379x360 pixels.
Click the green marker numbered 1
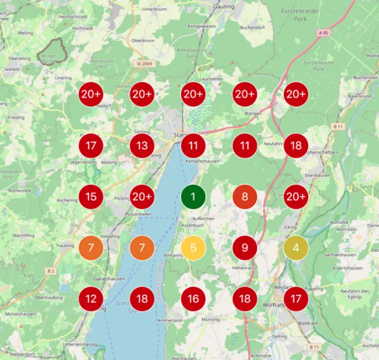193,197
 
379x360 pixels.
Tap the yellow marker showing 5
193,248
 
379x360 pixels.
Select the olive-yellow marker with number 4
296,248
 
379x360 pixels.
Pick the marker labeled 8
244,197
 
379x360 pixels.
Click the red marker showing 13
142,145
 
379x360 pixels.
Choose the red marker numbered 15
90,197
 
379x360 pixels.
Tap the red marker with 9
244,248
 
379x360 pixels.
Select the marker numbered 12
90,299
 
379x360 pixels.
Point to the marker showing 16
193,299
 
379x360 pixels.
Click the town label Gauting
224,7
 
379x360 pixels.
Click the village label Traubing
65,246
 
